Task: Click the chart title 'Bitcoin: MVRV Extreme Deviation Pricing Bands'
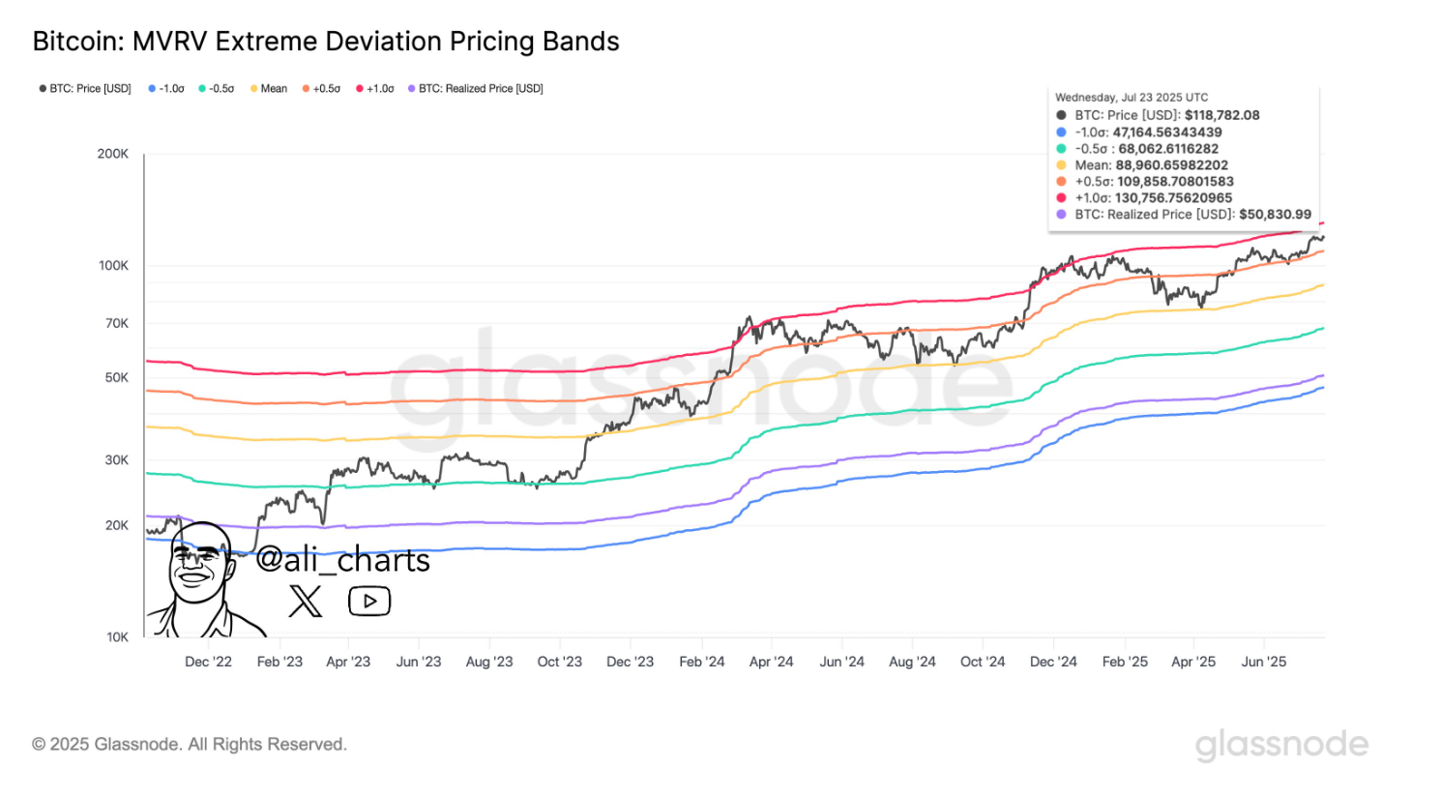(x=326, y=42)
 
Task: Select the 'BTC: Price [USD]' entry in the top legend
(x=85, y=89)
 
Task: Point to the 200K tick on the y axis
(x=113, y=154)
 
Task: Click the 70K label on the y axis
(x=117, y=324)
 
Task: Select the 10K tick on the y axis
(x=117, y=637)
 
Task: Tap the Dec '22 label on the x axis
(x=208, y=662)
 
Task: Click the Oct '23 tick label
(x=560, y=662)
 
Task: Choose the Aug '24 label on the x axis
(x=912, y=662)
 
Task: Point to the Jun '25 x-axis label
(x=1264, y=662)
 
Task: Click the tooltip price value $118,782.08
(x=1221, y=115)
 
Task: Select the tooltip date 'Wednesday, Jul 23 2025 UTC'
(x=1132, y=98)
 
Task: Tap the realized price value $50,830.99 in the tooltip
(x=1275, y=215)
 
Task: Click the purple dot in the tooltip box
(x=1062, y=215)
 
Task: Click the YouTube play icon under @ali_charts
(x=369, y=602)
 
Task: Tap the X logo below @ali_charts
(x=306, y=602)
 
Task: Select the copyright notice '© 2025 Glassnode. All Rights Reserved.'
(x=190, y=745)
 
